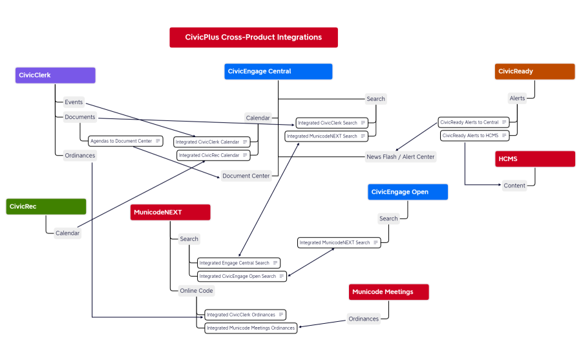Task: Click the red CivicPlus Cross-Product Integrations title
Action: pyautogui.click(x=253, y=37)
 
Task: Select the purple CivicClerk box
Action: pyautogui.click(x=56, y=75)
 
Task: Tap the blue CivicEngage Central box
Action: pyautogui.click(x=278, y=71)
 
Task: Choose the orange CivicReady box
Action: pyautogui.click(x=534, y=71)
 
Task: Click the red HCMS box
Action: pyautogui.click(x=534, y=159)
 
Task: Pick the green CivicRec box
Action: pyautogui.click(x=46, y=206)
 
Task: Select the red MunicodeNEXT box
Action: pyautogui.click(x=170, y=212)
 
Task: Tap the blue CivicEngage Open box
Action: pyautogui.click(x=407, y=192)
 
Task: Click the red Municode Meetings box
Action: pyautogui.click(x=388, y=292)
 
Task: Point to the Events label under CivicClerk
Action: pyautogui.click(x=74, y=102)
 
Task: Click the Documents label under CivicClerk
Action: pyautogui.click(x=80, y=117)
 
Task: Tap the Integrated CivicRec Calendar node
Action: pyautogui.click(x=213, y=155)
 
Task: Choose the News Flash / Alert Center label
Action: pyautogui.click(x=400, y=156)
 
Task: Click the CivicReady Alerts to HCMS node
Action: pyautogui.click(x=474, y=136)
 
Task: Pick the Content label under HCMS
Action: pyautogui.click(x=514, y=185)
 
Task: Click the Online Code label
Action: pyautogui.click(x=196, y=291)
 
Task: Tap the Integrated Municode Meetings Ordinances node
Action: pyautogui.click(x=250, y=328)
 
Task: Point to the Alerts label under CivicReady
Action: pyautogui.click(x=517, y=98)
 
